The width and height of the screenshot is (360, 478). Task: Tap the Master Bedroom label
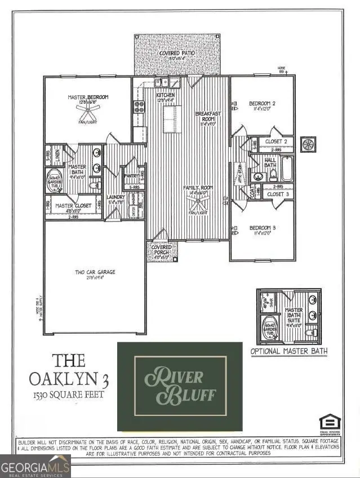click(88, 98)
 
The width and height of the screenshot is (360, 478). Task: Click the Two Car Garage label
click(96, 272)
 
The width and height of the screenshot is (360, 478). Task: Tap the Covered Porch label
click(162, 248)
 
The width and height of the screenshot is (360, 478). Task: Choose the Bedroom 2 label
click(263, 103)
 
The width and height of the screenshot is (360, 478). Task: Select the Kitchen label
click(166, 95)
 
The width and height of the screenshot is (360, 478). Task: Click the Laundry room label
click(115, 197)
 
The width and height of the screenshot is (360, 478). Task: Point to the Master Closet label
click(70, 206)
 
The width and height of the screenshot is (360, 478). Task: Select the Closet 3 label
click(278, 194)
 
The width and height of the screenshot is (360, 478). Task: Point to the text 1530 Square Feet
click(70, 394)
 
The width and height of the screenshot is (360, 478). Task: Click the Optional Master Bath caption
click(289, 351)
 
